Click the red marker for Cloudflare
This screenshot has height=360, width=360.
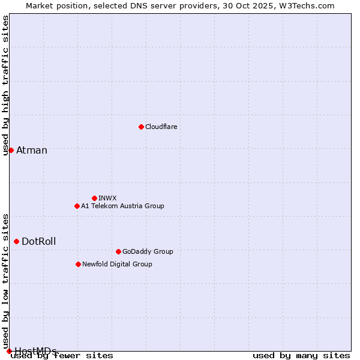point(141,127)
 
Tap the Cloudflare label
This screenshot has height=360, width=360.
point(161,127)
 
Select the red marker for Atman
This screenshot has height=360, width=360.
point(11,150)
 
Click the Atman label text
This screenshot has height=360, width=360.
point(32,150)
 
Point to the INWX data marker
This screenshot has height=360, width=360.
point(94,198)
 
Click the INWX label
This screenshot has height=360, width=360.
point(107,198)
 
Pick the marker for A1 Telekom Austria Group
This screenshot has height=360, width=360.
point(77,206)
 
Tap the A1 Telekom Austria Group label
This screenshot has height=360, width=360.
point(122,206)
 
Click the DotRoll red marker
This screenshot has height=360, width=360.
point(16,241)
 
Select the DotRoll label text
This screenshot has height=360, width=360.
point(39,241)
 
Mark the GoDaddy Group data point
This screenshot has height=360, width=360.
point(118,251)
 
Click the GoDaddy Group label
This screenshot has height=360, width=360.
point(148,251)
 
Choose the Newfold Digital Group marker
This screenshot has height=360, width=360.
point(78,264)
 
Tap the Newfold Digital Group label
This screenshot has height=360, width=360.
point(117,264)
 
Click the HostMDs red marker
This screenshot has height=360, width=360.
point(9,351)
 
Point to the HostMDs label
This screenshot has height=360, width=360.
point(35,351)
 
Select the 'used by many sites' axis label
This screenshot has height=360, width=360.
point(301,356)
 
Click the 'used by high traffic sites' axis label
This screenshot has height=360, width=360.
point(6,85)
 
